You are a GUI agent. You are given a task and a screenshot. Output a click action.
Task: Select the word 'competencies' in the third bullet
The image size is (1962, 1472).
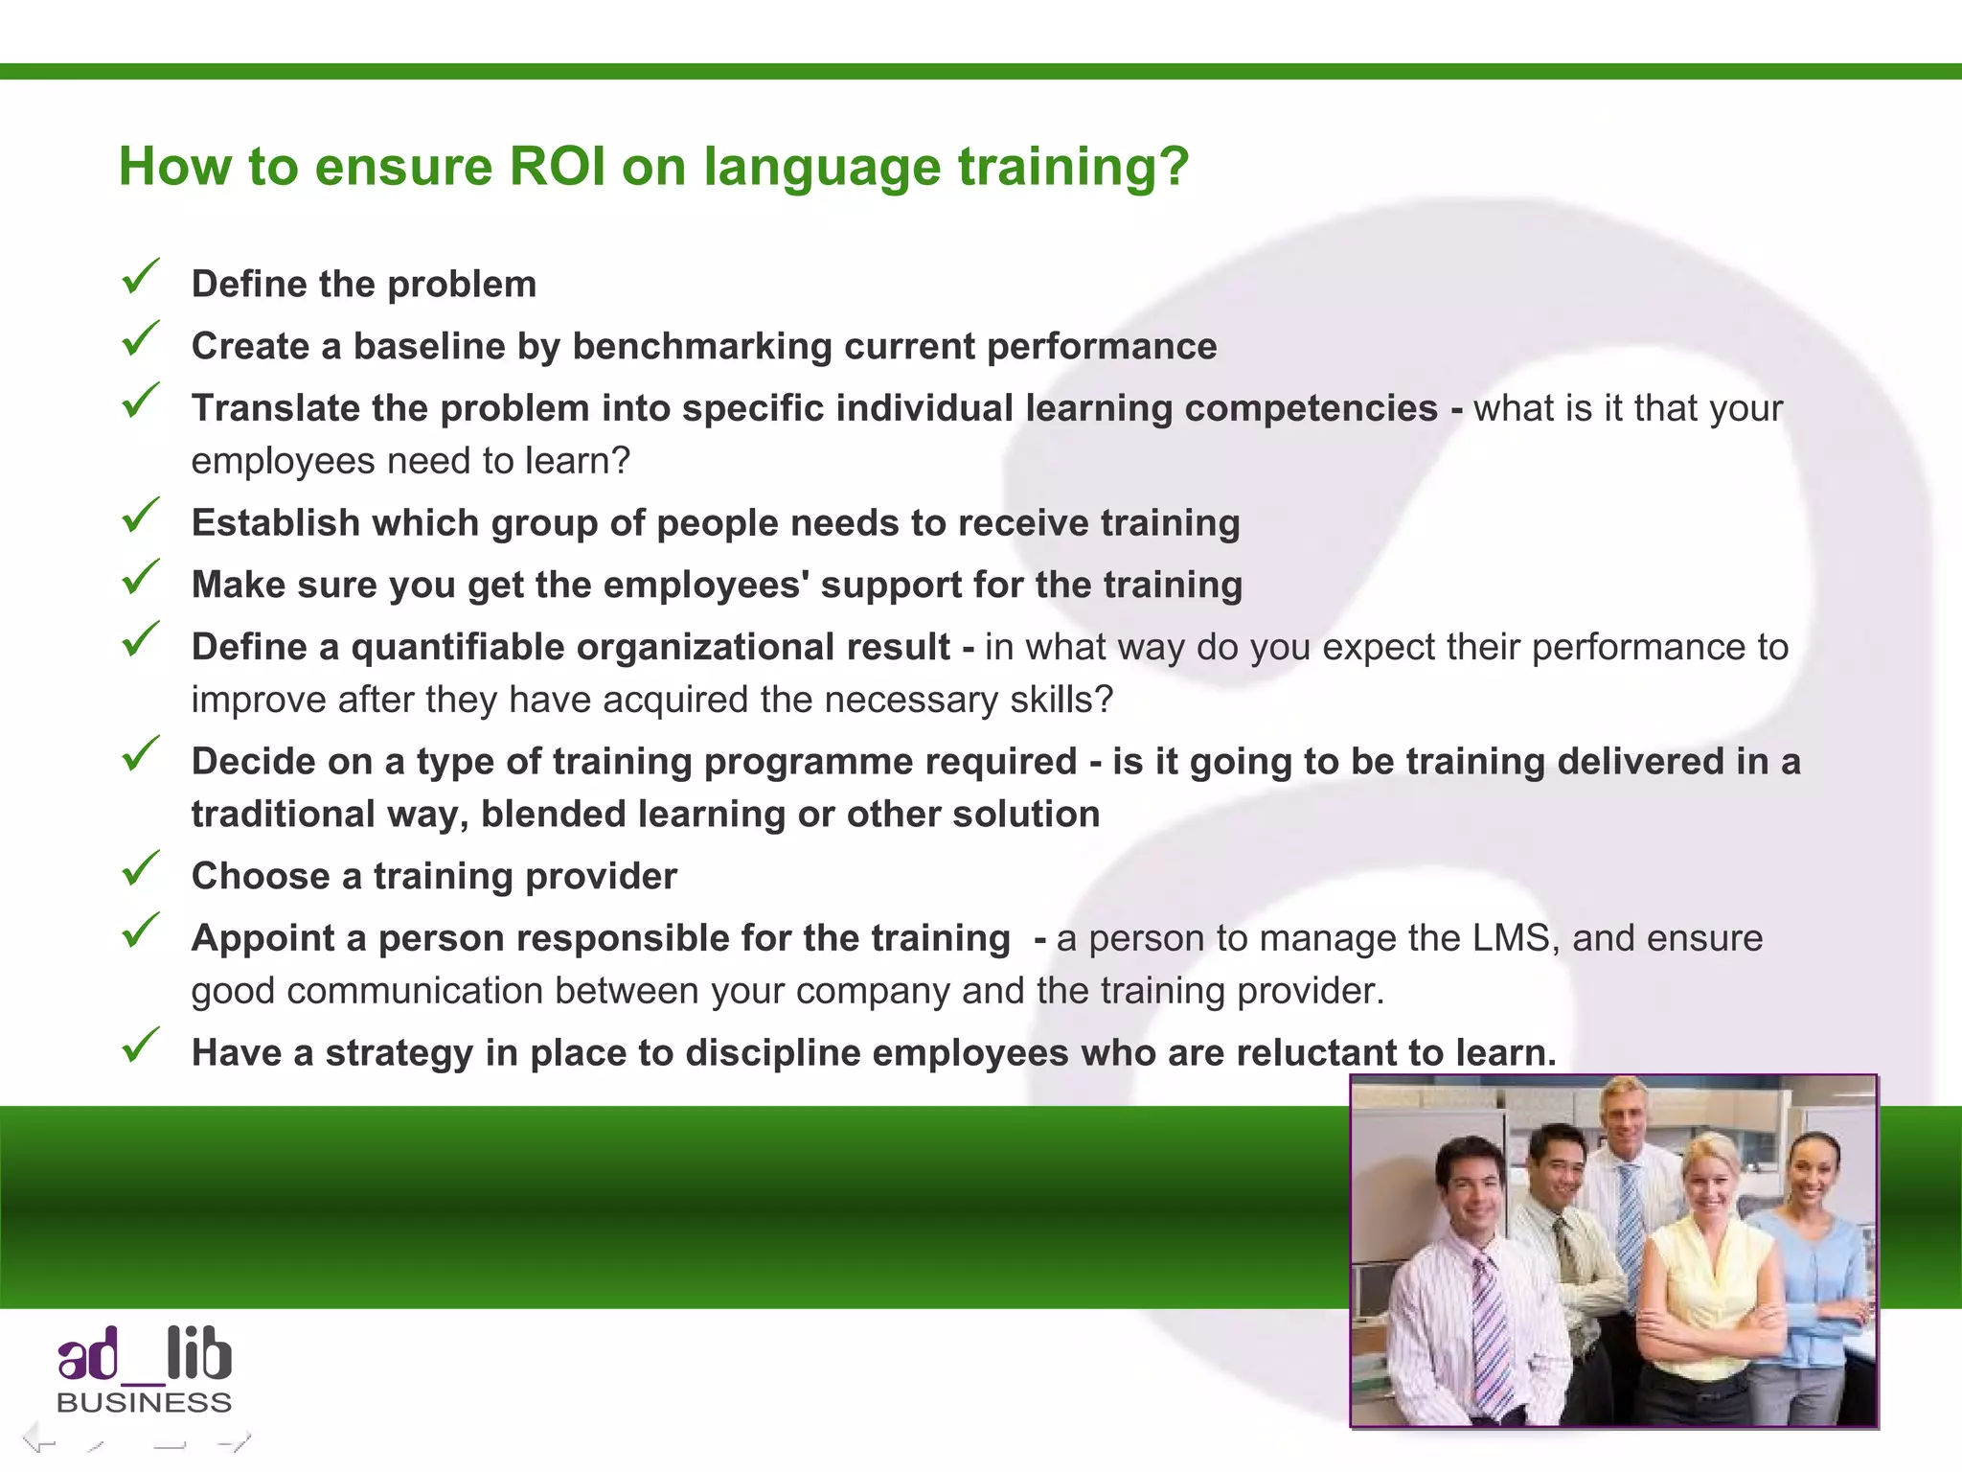pos(1311,408)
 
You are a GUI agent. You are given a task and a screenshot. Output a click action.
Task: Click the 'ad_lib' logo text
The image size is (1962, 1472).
pos(144,1355)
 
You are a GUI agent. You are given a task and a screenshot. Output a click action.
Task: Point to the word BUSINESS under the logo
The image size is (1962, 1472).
pos(144,1403)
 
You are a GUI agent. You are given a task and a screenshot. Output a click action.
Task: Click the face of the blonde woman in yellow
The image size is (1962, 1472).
pos(1710,1184)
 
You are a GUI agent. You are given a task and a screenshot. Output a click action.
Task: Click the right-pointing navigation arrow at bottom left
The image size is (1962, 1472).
pos(234,1440)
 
